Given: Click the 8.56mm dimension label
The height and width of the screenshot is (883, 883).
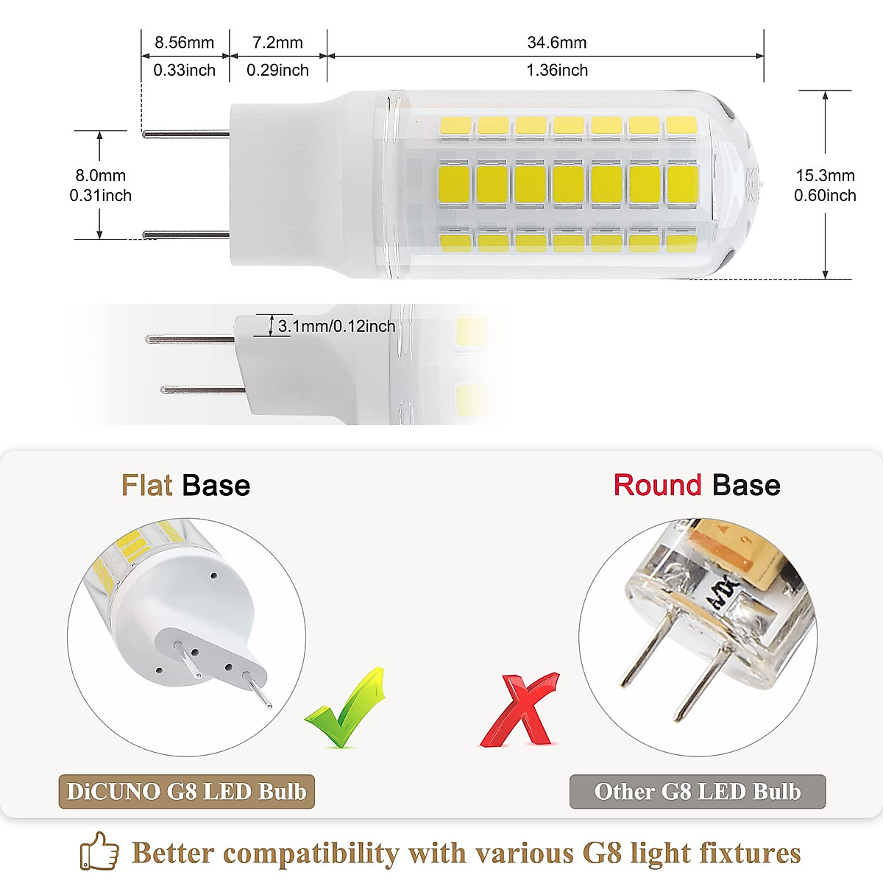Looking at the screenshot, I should [x=184, y=43].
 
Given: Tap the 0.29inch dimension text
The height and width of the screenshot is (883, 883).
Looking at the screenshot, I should [x=277, y=71].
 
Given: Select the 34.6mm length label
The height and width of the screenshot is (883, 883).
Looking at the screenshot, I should [x=557, y=43].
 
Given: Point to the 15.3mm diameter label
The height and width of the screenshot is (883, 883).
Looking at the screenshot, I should [x=825, y=176].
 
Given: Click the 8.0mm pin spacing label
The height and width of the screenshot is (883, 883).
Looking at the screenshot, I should [x=100, y=176].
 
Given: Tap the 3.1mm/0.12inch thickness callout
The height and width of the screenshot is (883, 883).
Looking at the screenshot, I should [x=336, y=326].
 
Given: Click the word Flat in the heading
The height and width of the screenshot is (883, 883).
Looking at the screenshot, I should [x=147, y=486].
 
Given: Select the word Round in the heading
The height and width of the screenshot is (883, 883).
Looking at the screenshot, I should [x=657, y=486].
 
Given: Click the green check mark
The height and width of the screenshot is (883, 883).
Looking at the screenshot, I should [x=346, y=708].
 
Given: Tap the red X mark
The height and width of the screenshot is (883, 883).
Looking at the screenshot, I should [x=519, y=709].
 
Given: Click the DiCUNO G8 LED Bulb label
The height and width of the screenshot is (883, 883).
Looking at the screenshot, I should [x=187, y=792].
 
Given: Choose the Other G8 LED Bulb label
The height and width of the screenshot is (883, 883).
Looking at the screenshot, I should [x=698, y=792].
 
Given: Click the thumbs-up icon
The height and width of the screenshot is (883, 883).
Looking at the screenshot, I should [x=99, y=852].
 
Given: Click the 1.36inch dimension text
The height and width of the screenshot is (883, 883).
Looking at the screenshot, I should [x=557, y=71].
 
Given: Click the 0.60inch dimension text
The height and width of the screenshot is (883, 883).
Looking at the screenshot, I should [x=825, y=196].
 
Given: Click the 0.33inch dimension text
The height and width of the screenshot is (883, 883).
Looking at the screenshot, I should [x=184, y=71].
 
